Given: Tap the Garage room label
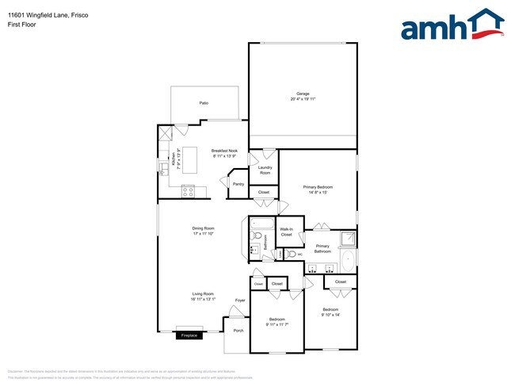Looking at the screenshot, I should [x=302, y=94].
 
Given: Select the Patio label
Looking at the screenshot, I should [x=204, y=103].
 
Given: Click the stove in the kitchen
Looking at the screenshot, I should [x=189, y=190].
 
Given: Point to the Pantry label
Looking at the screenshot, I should [x=238, y=184].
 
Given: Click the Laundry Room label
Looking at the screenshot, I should [x=265, y=171].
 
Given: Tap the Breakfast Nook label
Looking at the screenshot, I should [x=225, y=150].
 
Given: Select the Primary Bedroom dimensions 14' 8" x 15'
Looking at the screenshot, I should [x=318, y=192].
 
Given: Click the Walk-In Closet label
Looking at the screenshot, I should [x=286, y=232].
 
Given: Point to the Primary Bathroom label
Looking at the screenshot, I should [x=322, y=249].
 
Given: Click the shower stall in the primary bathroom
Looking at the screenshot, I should [x=346, y=239].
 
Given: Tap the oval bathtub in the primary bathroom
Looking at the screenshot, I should [x=349, y=261].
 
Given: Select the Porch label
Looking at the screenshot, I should [x=237, y=330].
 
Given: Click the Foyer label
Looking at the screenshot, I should [x=240, y=301].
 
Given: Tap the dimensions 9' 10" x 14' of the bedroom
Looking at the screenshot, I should [x=330, y=314].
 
